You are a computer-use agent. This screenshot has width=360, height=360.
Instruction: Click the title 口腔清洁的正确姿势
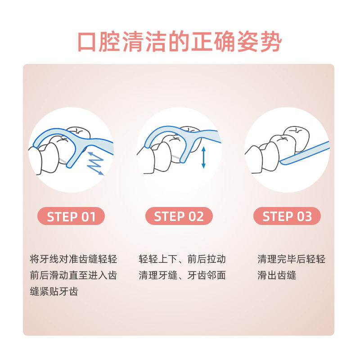pyautogui.click(x=180, y=42)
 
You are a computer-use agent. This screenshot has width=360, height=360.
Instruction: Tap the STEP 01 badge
pyautogui.click(x=71, y=216)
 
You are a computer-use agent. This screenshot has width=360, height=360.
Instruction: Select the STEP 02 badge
pyautogui.click(x=179, y=216)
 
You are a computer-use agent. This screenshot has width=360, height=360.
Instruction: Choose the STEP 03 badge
pyautogui.click(x=287, y=216)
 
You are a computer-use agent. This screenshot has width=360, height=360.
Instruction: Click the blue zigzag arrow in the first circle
pyautogui.click(x=95, y=163)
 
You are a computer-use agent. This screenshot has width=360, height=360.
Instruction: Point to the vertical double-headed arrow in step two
pyautogui.click(x=203, y=157)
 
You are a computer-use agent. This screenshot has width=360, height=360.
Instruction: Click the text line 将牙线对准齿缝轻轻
pyautogui.click(x=73, y=259)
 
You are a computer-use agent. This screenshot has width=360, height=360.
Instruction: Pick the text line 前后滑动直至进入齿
pyautogui.click(x=73, y=275)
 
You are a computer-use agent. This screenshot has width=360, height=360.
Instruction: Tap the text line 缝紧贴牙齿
pyautogui.click(x=54, y=292)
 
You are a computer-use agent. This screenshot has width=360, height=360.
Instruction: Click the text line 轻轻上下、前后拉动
pyautogui.click(x=182, y=259)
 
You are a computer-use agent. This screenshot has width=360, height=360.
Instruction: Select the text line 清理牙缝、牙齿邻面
pyautogui.click(x=182, y=275)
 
